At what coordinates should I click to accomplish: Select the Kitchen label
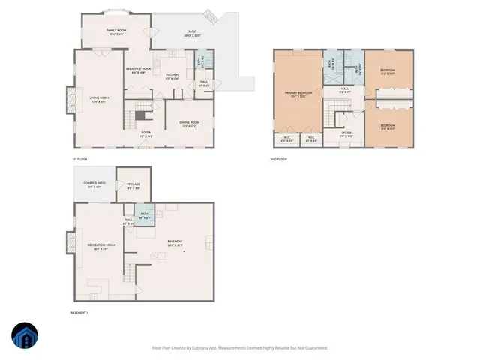(172, 75)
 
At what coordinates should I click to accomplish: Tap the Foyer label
(146, 134)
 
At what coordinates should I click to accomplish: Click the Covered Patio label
(94, 184)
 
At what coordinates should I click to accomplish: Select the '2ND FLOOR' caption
(277, 159)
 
